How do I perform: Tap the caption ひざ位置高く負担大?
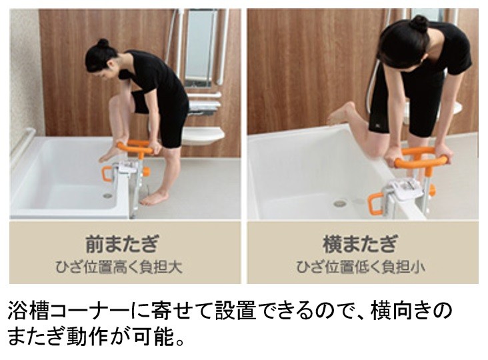(125, 267)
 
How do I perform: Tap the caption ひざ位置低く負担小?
(362, 267)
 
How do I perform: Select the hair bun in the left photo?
(103, 43)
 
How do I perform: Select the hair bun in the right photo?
(419, 24)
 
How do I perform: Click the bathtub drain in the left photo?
(107, 196)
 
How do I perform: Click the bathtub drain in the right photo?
(340, 203)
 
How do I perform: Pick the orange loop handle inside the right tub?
(375, 201)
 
